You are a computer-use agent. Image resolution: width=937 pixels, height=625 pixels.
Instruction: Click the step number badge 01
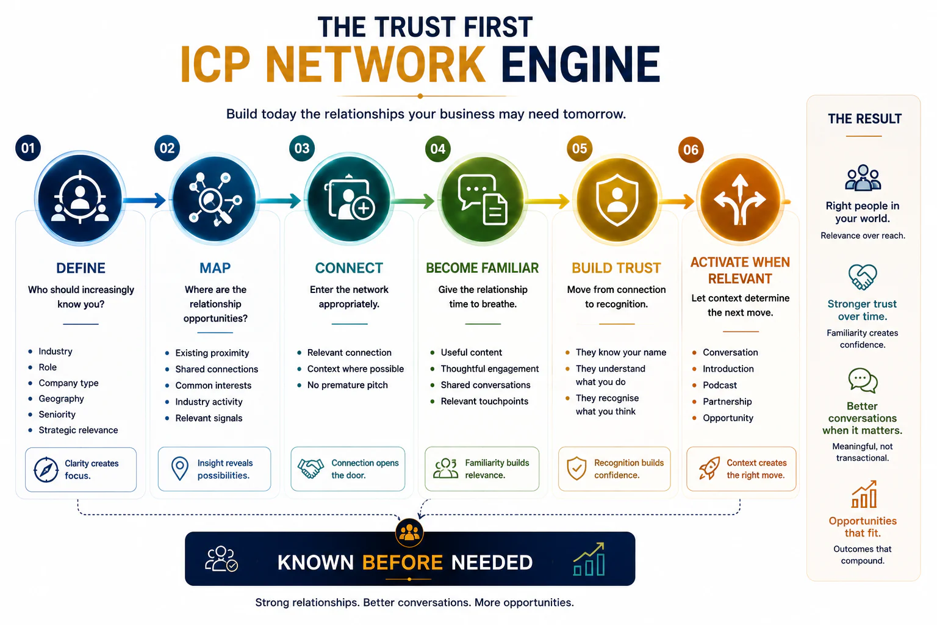pyautogui.click(x=28, y=148)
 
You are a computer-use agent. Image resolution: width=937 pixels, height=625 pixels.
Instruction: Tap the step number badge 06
pyautogui.click(x=691, y=150)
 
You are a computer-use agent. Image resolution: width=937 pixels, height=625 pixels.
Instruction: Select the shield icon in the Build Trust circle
pyautogui.click(x=617, y=200)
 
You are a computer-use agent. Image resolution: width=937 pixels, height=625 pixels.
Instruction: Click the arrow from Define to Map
pyautogui.click(x=145, y=201)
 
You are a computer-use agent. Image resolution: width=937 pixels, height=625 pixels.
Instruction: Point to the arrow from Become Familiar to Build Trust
pyautogui.click(x=547, y=201)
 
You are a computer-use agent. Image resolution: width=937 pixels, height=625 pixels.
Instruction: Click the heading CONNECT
pyautogui.click(x=349, y=268)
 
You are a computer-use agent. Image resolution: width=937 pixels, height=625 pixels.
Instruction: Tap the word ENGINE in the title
pyautogui.click(x=580, y=65)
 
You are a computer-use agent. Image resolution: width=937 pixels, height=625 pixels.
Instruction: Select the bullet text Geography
pyautogui.click(x=61, y=399)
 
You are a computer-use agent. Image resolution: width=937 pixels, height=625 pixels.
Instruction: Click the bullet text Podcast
pyautogui.click(x=719, y=385)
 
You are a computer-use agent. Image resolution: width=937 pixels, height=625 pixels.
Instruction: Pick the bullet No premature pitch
pyautogui.click(x=347, y=385)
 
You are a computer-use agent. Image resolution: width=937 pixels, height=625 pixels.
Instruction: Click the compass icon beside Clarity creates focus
pyautogui.click(x=46, y=470)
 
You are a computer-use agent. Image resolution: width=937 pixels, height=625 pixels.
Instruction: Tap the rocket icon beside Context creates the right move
pyautogui.click(x=709, y=468)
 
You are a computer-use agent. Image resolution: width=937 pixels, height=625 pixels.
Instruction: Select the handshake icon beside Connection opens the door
pyautogui.click(x=311, y=468)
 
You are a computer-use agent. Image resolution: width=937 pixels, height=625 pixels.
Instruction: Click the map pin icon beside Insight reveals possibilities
pyautogui.click(x=180, y=468)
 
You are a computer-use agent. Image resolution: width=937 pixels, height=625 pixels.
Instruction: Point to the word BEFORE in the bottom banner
pyautogui.click(x=403, y=562)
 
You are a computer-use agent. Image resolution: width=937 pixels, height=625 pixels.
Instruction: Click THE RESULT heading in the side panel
pyautogui.click(x=864, y=119)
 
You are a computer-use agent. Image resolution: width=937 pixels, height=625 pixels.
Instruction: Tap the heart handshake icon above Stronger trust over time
pyautogui.click(x=863, y=276)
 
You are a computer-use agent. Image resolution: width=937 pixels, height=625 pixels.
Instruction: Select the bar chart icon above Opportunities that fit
pyautogui.click(x=864, y=494)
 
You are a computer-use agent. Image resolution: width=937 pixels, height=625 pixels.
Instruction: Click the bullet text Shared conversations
pyautogui.click(x=485, y=385)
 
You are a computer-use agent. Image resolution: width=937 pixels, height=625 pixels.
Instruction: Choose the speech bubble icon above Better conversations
pyautogui.click(x=863, y=380)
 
